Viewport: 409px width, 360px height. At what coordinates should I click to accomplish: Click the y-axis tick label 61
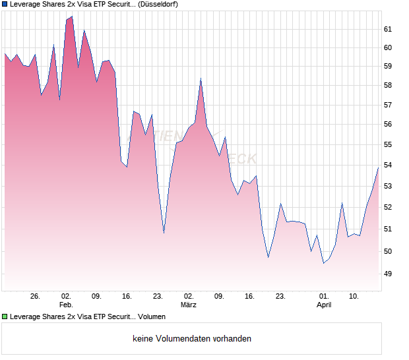point(388,29)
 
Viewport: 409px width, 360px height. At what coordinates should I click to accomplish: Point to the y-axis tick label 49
point(388,274)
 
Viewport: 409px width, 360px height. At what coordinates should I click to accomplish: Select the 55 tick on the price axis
point(388,144)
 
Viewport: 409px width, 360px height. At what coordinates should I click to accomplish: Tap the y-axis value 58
point(388,85)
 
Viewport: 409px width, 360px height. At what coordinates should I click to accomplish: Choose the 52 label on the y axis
point(388,207)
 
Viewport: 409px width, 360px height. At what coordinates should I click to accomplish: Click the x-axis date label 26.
point(36,297)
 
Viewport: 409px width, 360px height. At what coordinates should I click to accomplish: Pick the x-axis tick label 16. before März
point(127,297)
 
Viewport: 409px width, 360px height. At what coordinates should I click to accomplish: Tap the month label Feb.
point(66,305)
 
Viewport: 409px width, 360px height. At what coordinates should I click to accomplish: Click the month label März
point(189,305)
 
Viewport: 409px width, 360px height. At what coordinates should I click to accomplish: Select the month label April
point(324,305)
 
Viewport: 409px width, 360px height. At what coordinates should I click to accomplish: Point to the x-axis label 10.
point(354,297)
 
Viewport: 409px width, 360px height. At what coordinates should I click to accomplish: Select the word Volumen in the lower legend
point(152,316)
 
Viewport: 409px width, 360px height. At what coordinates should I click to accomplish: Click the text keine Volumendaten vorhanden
point(192,339)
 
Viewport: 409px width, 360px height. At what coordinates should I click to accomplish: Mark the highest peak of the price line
point(71,16)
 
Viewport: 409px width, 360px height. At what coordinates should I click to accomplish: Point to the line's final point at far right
point(378,167)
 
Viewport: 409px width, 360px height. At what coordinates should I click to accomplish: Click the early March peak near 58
point(201,78)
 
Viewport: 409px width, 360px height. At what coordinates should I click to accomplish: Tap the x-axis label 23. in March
point(280,297)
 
